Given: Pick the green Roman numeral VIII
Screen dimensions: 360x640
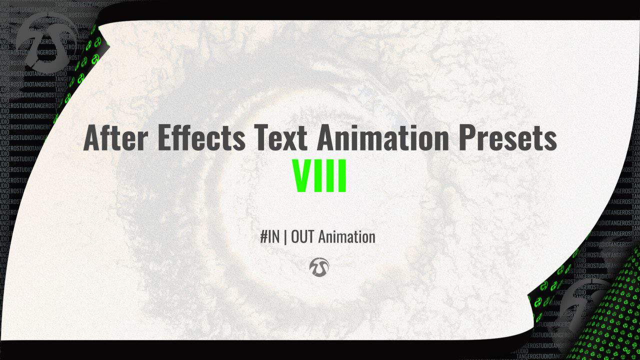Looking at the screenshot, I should pyautogui.click(x=319, y=176).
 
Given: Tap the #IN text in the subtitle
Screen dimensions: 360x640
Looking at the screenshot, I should pyautogui.click(x=270, y=236).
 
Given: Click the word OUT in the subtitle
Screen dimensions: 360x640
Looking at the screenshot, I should pyautogui.click(x=302, y=236).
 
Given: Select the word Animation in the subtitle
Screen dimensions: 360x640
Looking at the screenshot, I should pyautogui.click(x=346, y=236).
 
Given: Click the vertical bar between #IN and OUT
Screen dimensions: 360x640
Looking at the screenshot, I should pyautogui.click(x=285, y=236).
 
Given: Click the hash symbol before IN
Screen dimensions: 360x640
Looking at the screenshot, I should pyautogui.click(x=264, y=236).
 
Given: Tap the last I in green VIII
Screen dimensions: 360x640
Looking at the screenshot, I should pyautogui.click(x=342, y=176).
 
